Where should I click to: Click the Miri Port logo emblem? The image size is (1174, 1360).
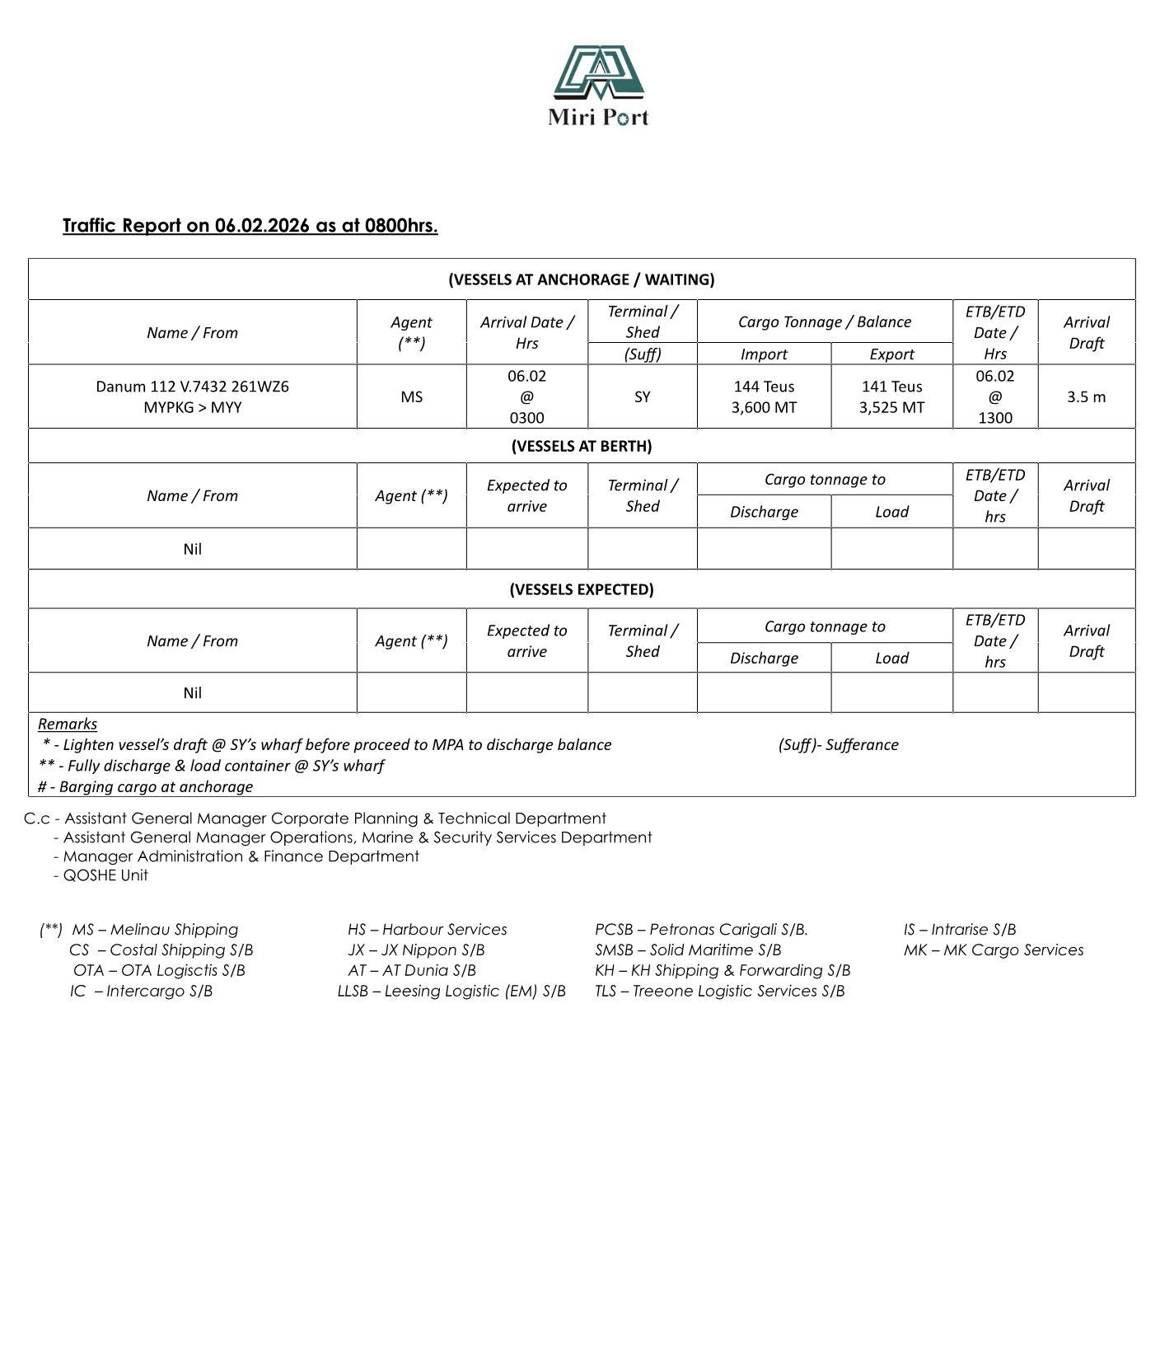598,73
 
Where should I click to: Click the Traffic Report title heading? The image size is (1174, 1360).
250,226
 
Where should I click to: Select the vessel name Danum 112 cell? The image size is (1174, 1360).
192,396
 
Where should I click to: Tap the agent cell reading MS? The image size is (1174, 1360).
411,397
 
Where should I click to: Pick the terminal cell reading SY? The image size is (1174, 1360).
642,397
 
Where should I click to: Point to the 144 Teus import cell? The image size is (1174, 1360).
764,396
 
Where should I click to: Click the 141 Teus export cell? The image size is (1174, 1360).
891,396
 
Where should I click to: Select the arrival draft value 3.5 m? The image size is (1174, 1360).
1086,397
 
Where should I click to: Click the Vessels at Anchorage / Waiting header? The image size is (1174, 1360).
581,279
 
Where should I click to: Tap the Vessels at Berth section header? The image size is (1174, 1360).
581,446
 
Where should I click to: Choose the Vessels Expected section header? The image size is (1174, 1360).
581,589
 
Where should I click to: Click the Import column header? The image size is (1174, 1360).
764,354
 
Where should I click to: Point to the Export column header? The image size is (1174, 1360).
891,354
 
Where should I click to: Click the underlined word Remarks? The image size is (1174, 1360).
68,724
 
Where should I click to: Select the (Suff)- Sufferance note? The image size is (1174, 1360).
838,745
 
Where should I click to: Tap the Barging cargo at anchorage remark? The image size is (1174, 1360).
146,787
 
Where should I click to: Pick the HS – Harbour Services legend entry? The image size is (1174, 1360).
427,930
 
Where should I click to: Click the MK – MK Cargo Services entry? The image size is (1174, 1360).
993,950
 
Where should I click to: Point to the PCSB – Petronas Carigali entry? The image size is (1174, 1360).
701,930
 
